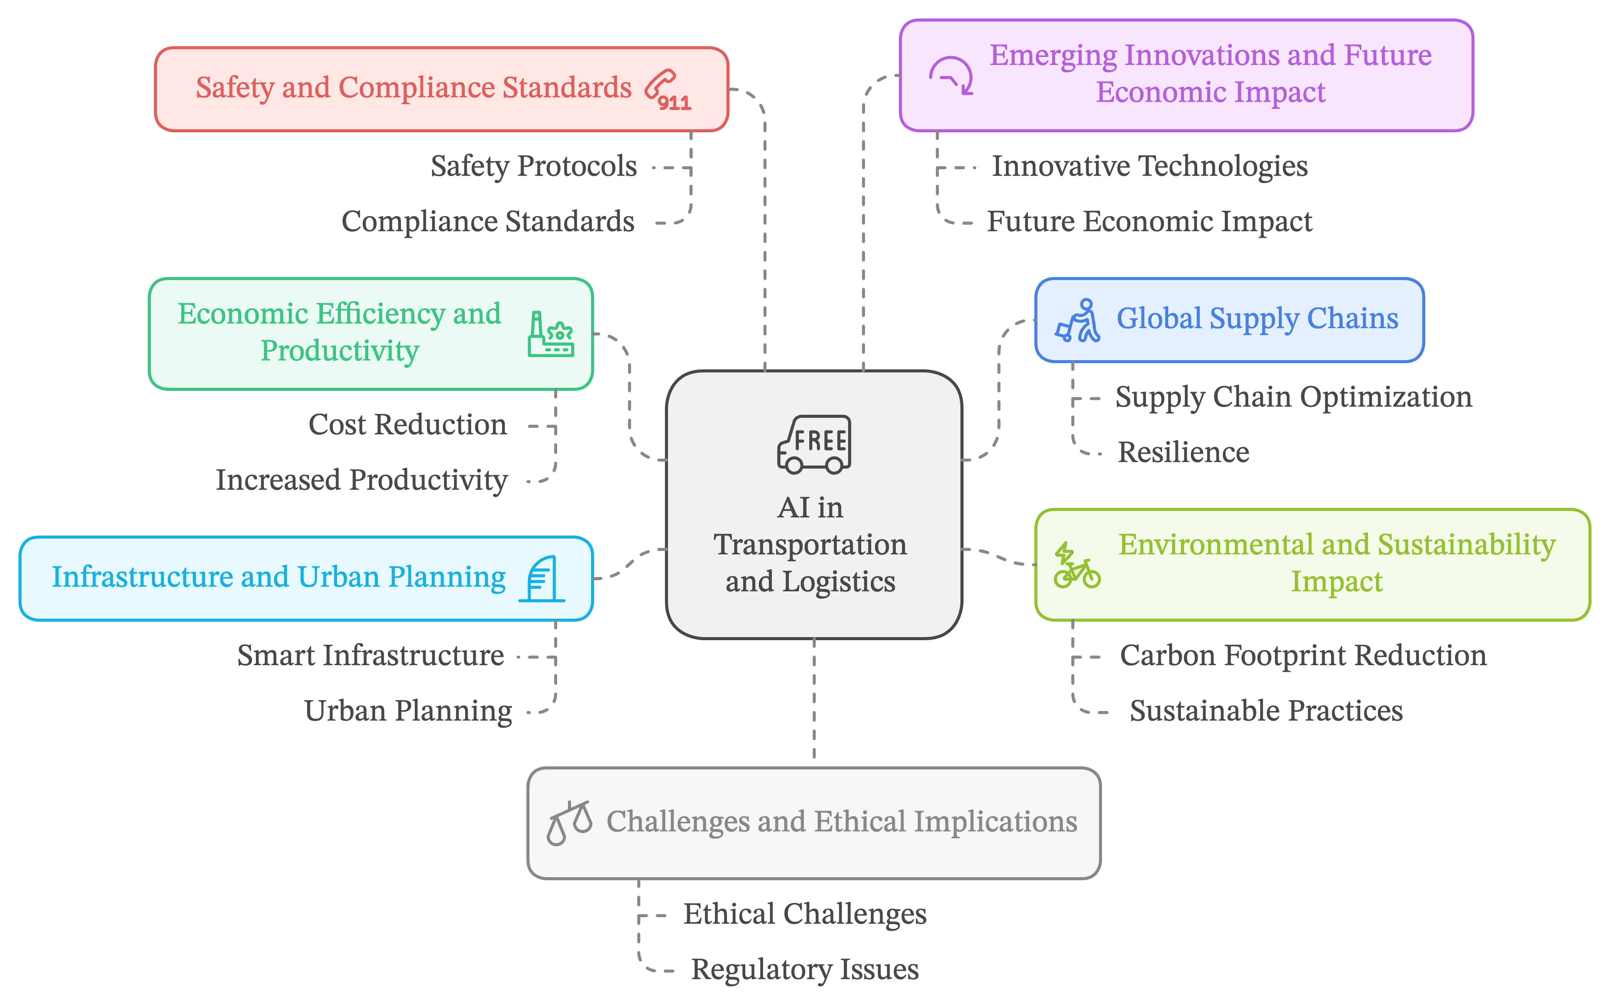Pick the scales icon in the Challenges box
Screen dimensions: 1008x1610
569,823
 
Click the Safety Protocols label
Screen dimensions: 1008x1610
533,166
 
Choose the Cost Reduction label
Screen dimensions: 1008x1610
408,425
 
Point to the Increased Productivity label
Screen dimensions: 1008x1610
361,480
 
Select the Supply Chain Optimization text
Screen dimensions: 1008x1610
1293,397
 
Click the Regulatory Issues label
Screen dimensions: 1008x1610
805,969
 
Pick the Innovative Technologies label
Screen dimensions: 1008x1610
1149,166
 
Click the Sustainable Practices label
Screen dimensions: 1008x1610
1266,711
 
